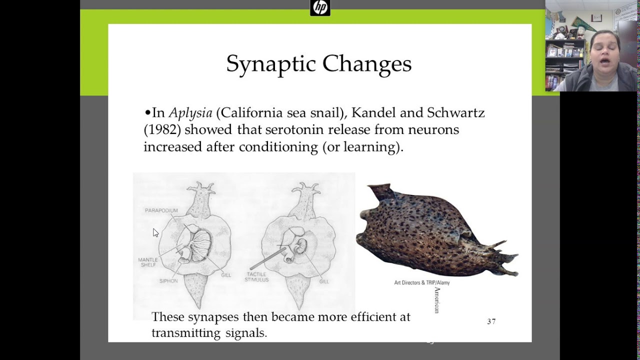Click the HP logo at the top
320,7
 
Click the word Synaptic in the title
270,64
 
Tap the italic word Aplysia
190,113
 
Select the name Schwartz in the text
456,113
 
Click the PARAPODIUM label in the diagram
161,210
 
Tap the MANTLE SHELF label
147,262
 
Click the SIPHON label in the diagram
168,281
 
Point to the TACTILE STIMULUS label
256,277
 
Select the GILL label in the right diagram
324,281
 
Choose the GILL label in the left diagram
226,275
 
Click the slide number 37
491,321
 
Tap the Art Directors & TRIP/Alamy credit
421,283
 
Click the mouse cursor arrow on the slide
155,232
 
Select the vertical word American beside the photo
437,300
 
